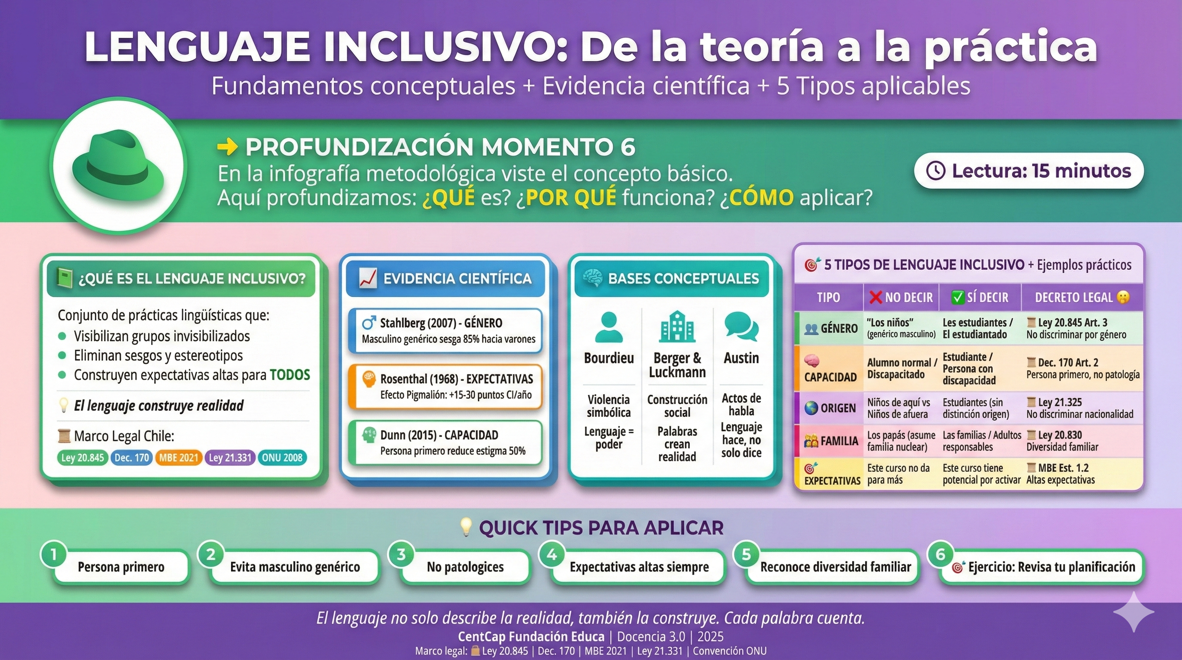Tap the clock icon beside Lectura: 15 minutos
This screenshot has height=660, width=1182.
(935, 171)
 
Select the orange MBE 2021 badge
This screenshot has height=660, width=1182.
(179, 458)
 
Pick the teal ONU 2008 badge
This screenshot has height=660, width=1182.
(282, 458)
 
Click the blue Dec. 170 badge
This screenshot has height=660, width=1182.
(132, 458)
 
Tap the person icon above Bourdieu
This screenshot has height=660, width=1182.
(609, 327)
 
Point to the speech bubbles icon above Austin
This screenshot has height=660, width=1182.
(741, 326)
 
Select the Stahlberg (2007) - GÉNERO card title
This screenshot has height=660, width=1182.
(441, 323)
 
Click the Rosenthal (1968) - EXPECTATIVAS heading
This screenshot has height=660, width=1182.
(457, 379)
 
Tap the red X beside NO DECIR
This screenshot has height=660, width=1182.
(876, 297)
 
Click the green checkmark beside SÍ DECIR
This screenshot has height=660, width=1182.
(958, 297)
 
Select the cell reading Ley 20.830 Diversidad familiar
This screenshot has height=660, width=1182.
(1062, 440)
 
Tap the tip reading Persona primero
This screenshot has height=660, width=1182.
(121, 567)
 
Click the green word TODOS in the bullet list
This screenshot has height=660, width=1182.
(289, 375)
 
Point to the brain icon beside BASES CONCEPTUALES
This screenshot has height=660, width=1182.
(592, 278)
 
